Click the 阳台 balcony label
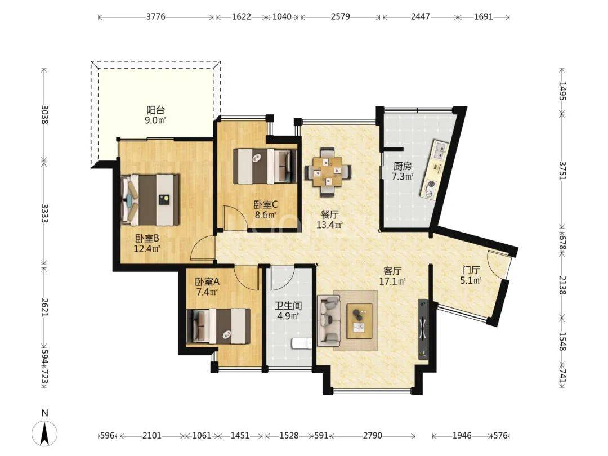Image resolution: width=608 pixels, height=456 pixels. tap(155, 110)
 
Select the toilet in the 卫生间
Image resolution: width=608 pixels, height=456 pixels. tap(301, 343)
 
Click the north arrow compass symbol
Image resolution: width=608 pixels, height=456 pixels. tap(45, 432)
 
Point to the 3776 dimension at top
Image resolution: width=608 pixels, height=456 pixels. tap(155, 17)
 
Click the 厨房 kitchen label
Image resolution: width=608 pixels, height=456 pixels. tap(402, 166)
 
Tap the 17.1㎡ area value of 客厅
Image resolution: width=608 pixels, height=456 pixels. tap(392, 281)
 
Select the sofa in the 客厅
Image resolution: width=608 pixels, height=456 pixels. tap(329, 320)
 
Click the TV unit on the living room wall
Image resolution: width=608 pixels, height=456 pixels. tap(423, 328)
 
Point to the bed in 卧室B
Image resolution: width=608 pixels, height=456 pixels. tap(150, 200)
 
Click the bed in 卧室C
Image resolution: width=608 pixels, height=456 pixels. tap(265, 166)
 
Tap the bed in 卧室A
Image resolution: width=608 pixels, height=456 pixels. tap(218, 326)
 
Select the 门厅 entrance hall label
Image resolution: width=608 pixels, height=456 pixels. tap(471, 270)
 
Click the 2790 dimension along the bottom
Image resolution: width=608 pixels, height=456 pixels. tap(372, 435)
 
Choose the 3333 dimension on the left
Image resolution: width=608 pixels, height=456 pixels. tap(44, 214)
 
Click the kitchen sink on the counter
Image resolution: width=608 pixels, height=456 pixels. tap(441, 151)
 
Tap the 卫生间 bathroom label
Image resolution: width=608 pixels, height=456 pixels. tap(288, 306)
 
